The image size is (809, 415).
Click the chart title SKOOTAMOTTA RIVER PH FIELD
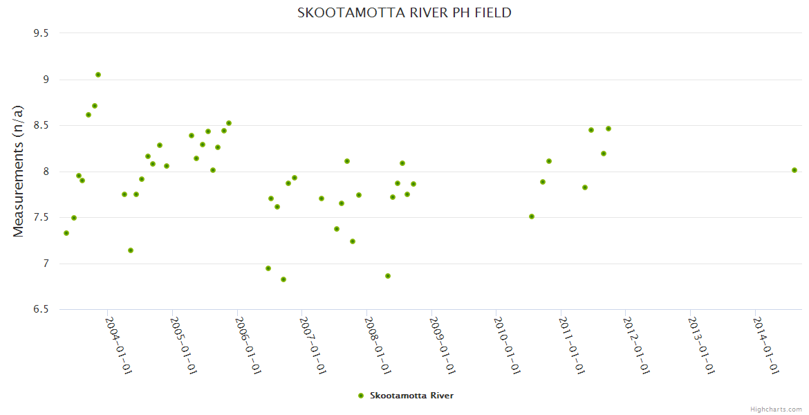pos(404,12)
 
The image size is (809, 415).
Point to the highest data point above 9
pos(98,75)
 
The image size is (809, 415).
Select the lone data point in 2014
pos(794,170)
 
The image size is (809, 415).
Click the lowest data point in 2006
pos(283,279)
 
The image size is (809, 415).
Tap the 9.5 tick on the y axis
pos(46,33)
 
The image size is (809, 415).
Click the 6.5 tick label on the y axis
pos(46,309)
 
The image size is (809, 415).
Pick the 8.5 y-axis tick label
pos(46,125)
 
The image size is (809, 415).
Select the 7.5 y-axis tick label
pos(46,217)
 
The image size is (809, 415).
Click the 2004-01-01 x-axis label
pos(118,346)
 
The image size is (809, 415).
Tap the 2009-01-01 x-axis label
pos(442,346)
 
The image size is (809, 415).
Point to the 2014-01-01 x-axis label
pos(766,346)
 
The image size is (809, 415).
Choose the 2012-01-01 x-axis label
pos(636,346)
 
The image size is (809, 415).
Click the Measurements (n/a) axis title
pos(19,171)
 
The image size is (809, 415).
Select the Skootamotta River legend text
pos(411,396)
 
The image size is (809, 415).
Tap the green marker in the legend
pos(360,396)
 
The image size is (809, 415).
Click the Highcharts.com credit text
pos(776,409)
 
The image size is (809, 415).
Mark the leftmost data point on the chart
pos(66,233)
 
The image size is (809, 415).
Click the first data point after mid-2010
pos(532,216)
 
